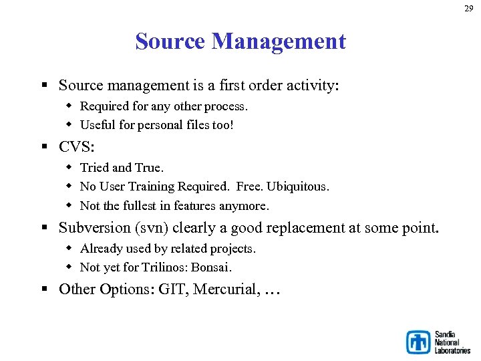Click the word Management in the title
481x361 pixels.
(x=279, y=41)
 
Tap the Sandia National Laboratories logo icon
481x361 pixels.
(x=418, y=342)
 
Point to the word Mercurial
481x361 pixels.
(x=224, y=289)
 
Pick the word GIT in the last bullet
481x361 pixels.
(x=173, y=289)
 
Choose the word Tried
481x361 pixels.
(x=94, y=168)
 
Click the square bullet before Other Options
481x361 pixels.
(x=45, y=289)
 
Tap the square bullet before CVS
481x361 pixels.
(x=45, y=147)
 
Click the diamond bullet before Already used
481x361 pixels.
(x=69, y=249)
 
